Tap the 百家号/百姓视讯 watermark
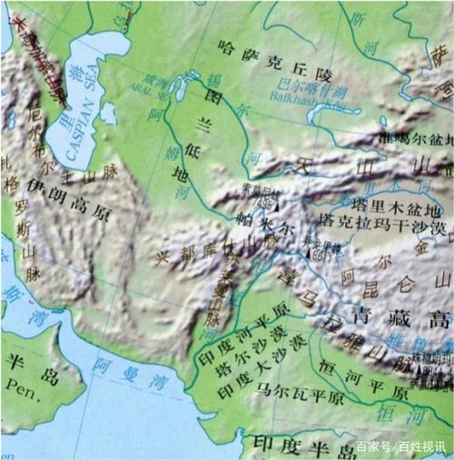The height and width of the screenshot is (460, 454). pyautogui.click(x=400, y=446)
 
